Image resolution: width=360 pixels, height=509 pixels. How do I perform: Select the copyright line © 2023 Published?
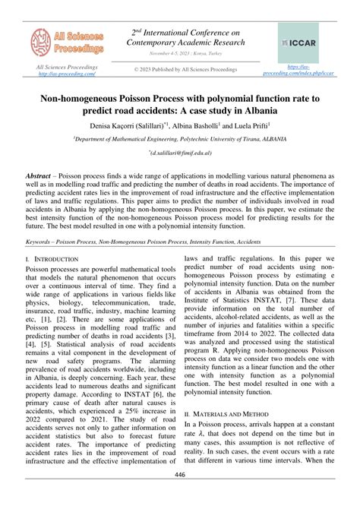185,70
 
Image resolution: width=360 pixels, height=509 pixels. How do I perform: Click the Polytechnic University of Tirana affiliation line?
180,140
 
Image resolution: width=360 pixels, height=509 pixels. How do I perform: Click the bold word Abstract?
41,173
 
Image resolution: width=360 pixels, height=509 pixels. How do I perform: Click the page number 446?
180,496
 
